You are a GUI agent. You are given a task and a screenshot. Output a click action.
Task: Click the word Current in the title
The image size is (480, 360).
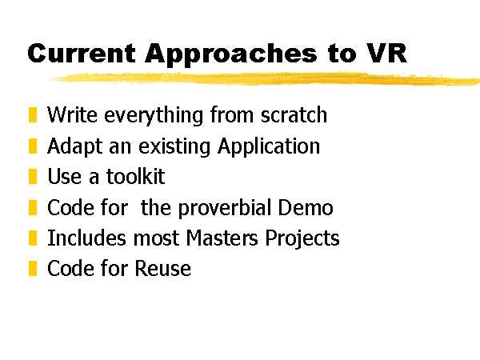pos(82,54)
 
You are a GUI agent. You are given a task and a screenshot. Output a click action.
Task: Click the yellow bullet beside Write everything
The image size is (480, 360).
pos(33,114)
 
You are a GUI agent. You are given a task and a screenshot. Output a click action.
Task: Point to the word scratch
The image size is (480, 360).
pos(294,114)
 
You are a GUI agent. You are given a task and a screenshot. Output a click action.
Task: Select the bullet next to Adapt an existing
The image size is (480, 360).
pos(33,146)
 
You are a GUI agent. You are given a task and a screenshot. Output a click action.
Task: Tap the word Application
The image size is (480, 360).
pos(269,147)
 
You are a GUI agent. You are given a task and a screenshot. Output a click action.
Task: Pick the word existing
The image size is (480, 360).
pos(174,147)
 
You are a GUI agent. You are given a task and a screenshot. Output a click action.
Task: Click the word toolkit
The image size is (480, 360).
pos(136,176)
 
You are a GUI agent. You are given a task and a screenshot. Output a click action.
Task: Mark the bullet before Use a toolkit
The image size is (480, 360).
pos(33,176)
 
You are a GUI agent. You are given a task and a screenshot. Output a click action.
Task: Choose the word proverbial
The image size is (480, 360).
pos(224,208)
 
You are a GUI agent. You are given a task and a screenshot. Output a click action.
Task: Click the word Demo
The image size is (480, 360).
pos(306,207)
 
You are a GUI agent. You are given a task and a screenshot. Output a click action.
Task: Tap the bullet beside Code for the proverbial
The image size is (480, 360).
pos(33,207)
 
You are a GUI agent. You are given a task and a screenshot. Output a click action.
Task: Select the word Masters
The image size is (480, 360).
pos(222,238)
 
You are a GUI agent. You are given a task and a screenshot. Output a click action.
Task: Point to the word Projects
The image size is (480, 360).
pos(302,238)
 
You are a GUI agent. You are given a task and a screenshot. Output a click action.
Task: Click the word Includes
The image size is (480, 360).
pos(86,238)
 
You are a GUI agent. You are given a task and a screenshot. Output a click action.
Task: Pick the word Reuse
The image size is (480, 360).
pos(163,269)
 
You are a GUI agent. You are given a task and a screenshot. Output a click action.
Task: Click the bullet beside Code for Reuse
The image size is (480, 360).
pos(33,268)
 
